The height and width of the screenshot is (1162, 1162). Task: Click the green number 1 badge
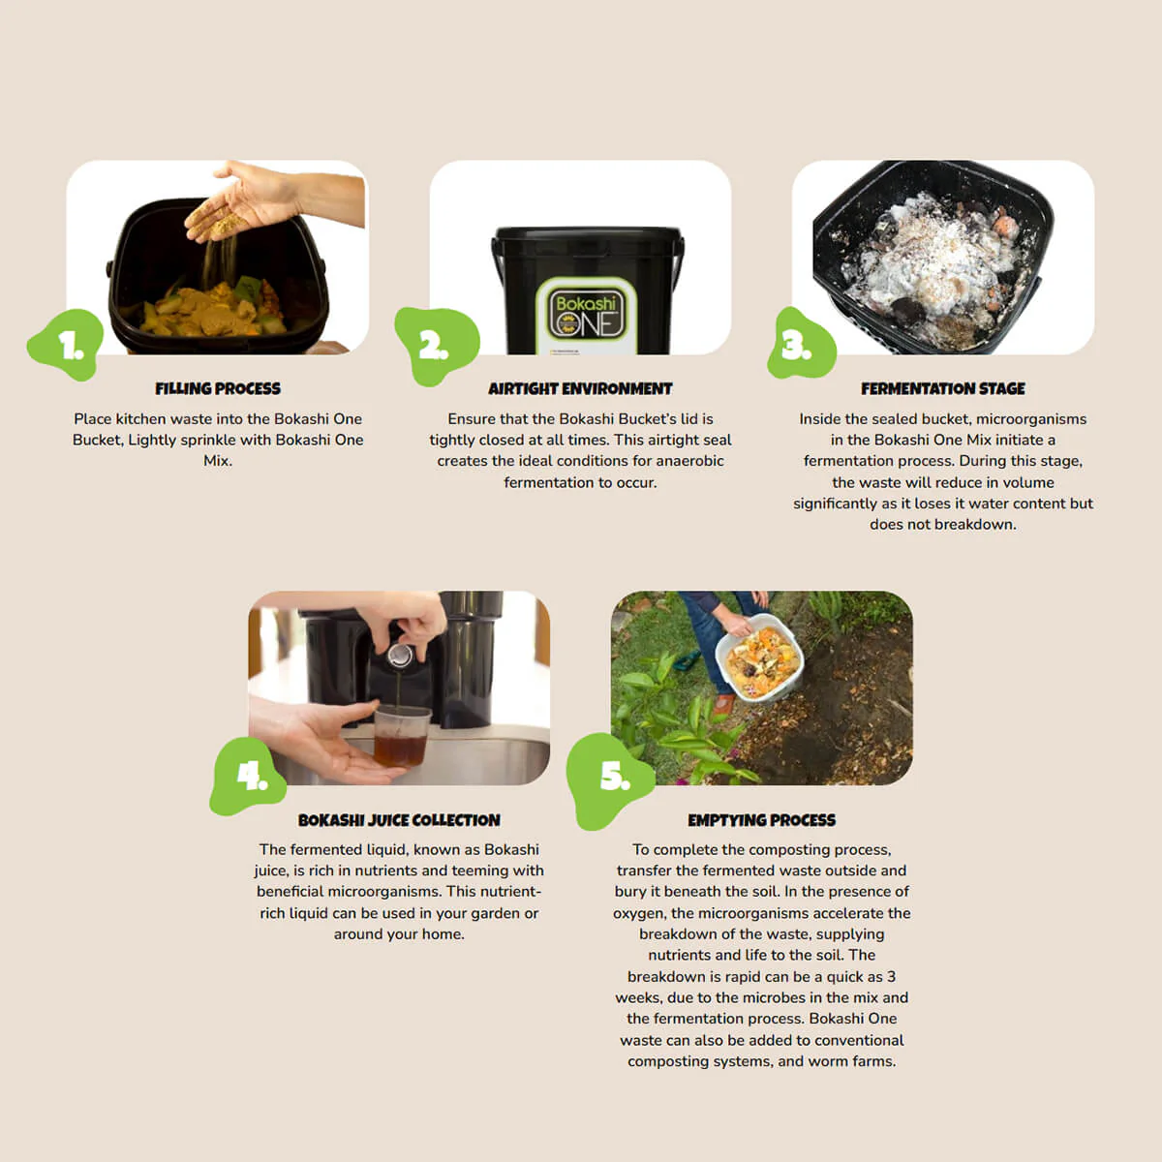66,345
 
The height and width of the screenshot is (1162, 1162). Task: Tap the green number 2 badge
436,346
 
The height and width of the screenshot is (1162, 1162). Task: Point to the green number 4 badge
249,775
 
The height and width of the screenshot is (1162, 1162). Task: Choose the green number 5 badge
612,778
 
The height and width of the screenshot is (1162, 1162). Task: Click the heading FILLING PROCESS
218,388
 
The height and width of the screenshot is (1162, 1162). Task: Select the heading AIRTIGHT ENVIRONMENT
580,388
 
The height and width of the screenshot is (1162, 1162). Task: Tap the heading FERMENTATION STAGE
942,388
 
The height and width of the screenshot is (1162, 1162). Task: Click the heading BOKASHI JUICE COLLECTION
399,820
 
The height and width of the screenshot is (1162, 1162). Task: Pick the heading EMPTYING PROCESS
761,820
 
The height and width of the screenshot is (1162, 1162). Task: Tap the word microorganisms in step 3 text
1030,419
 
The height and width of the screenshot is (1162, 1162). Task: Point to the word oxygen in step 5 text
639,913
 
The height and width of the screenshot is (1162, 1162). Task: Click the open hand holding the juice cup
324,741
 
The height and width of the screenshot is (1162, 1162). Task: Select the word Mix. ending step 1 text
218,461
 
